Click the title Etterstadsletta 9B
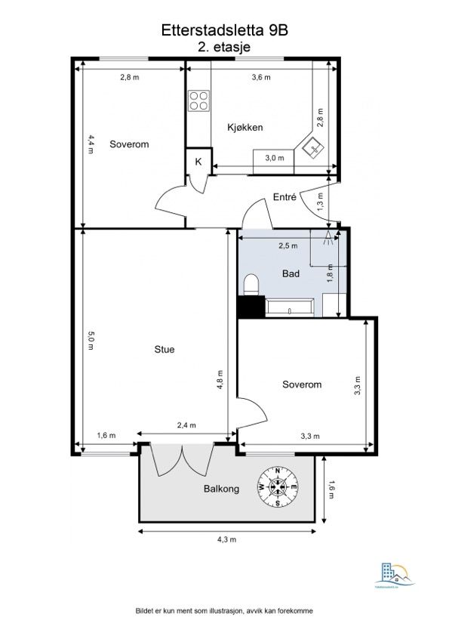click(x=224, y=30)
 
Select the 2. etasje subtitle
click(x=224, y=47)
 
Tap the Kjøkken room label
click(x=244, y=128)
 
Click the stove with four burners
click(x=198, y=100)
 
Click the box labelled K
click(x=198, y=162)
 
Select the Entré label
click(x=284, y=199)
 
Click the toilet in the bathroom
click(x=251, y=284)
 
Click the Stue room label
click(x=164, y=350)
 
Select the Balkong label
click(x=221, y=489)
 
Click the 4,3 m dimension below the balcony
click(x=226, y=539)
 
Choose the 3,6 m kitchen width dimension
click(x=260, y=77)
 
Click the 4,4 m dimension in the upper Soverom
click(x=91, y=144)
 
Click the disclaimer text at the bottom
click(x=224, y=610)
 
